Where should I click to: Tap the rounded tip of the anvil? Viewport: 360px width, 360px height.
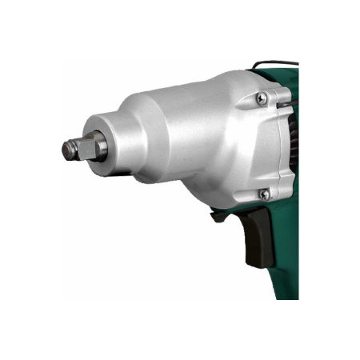click(x=66, y=150)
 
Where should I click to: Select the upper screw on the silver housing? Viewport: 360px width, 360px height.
click(x=262, y=98)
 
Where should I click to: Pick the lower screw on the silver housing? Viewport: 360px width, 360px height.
click(x=264, y=194)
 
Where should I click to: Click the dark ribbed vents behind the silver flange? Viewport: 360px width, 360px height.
click(x=294, y=144)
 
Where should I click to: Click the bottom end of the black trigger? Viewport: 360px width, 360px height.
click(x=254, y=260)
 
